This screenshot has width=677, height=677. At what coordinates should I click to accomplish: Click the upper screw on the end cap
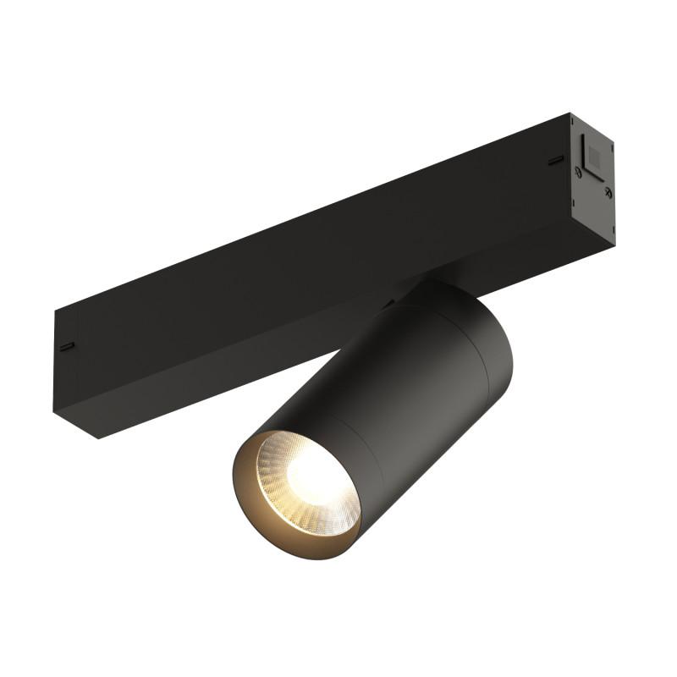point(578,171)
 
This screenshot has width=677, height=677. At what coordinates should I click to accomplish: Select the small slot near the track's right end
point(555,159)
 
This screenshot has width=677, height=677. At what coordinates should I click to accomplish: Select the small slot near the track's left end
point(67,345)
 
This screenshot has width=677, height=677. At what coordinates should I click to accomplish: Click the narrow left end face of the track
point(65,364)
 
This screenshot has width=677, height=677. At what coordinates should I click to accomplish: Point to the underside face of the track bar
point(254,355)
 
